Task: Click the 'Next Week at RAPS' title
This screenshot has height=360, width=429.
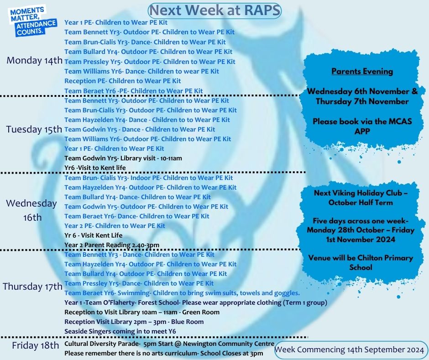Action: (215, 11)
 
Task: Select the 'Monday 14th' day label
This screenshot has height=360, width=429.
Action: (35, 60)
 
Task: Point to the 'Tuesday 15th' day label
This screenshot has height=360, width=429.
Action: (34, 129)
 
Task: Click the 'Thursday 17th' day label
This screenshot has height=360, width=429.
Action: (32, 286)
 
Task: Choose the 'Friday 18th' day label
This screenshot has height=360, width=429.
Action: (35, 345)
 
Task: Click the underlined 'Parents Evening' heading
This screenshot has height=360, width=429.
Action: (362, 71)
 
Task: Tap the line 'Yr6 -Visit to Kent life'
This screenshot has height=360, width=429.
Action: (95, 168)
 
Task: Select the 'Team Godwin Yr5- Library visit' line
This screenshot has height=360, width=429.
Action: (123, 158)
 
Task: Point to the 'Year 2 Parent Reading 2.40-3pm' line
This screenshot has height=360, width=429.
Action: (112, 245)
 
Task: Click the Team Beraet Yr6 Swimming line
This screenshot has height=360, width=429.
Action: (182, 293)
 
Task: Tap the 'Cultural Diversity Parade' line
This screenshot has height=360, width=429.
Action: (169, 344)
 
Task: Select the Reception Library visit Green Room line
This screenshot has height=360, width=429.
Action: (142, 312)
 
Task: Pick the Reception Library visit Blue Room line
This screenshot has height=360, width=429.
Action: (134, 322)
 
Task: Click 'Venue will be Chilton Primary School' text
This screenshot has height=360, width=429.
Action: (361, 263)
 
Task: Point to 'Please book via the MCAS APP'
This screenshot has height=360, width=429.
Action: (362, 126)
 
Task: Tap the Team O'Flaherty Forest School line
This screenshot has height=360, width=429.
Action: (196, 302)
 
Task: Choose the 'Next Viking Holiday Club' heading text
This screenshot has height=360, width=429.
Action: (361, 197)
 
